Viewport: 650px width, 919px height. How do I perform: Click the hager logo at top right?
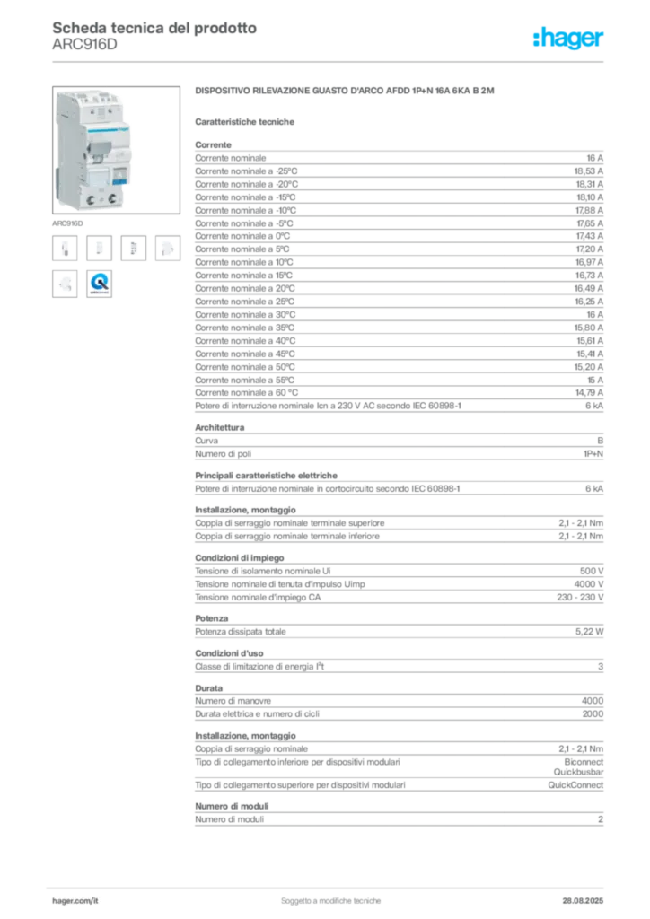[568, 38]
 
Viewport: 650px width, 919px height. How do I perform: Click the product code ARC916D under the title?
[84, 45]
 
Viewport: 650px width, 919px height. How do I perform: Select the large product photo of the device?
[116, 150]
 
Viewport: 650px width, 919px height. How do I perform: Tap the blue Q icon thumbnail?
[99, 284]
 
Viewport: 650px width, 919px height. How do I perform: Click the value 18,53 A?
[588, 171]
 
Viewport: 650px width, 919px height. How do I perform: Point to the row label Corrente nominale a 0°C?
[242, 236]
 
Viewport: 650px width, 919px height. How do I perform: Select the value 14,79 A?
[589, 393]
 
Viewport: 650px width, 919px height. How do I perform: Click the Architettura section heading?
[220, 427]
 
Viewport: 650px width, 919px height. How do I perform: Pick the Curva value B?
[601, 441]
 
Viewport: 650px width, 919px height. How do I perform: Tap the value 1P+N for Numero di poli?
[593, 453]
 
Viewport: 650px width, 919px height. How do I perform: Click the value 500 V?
[592, 571]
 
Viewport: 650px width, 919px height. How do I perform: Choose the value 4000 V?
[588, 584]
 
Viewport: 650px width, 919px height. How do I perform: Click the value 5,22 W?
[589, 632]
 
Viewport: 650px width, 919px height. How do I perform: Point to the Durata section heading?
[208, 688]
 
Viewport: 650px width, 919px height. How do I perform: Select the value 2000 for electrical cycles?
[593, 713]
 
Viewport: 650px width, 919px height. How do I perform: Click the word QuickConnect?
[575, 784]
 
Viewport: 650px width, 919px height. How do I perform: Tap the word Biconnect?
[584, 762]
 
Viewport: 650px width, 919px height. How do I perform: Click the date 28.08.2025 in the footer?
[583, 901]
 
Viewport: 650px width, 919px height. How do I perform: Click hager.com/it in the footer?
[75, 901]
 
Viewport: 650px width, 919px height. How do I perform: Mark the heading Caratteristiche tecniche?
[244, 122]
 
